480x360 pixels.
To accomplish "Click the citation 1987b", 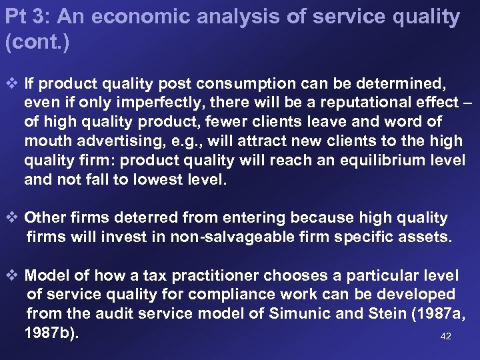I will coord(51,331).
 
